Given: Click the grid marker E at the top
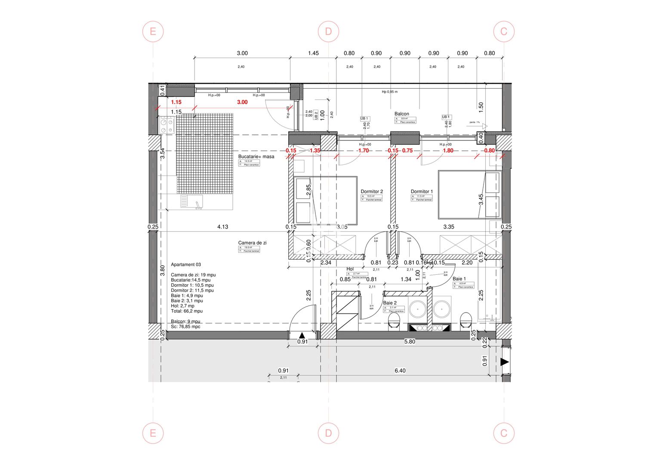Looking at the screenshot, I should pos(153,31).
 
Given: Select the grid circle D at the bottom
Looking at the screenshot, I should pos(328,433).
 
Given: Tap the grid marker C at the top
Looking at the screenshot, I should pos(504,31).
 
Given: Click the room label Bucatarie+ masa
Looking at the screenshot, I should pos(256,157).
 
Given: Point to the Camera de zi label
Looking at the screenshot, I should pos(252,243).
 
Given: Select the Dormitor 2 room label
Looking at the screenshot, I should pos(372,192).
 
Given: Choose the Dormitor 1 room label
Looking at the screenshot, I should pos(422,192).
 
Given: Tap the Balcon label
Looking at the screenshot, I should pos(402,114).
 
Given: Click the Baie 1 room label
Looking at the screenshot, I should pos(459,279).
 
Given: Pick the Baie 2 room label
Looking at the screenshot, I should pos(390,303).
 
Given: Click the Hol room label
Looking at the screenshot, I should pos(350,269).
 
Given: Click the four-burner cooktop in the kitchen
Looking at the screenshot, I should pos(167,125).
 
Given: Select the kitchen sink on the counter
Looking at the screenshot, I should pos(191,202).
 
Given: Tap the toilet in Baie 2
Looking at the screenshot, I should pos(394,320).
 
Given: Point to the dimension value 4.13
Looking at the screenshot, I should pos(222,227).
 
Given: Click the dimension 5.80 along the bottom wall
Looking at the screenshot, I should pos(410,341).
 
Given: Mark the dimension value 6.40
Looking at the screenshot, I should pos(400,371).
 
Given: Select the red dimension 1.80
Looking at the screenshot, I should pos(448,151).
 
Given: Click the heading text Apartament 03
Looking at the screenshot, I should pos(186,265).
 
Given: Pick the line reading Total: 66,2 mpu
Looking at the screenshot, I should pos(187,311).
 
